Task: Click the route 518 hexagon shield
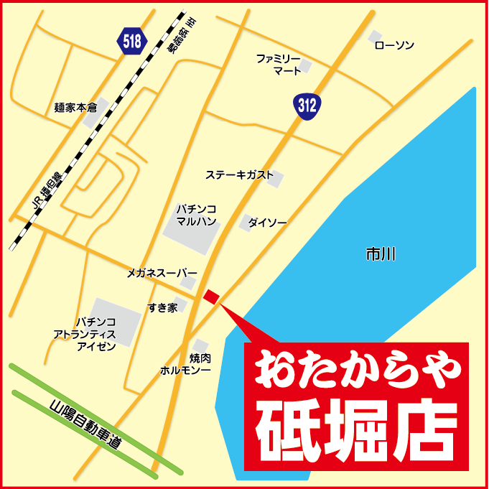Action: (132, 41)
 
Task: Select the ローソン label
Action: (394, 45)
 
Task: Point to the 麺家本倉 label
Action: (75, 108)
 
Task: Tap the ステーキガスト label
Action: (239, 174)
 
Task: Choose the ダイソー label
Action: (267, 223)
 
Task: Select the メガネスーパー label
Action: (162, 273)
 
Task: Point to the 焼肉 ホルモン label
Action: (185, 364)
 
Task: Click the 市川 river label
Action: (381, 254)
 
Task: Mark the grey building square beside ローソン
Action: (374, 37)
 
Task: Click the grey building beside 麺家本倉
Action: (93, 118)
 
